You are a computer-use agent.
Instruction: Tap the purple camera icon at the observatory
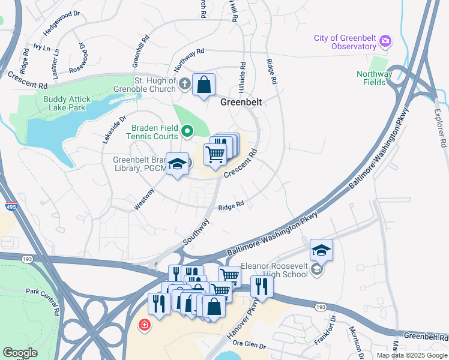[x=385, y=41]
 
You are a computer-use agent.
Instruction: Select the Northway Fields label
[x=374, y=79]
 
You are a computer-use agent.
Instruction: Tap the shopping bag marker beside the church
[x=204, y=85]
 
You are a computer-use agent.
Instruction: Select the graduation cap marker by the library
[x=177, y=164]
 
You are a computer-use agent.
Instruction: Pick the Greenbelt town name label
[x=241, y=103]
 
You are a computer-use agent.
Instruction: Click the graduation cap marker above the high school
[x=321, y=250]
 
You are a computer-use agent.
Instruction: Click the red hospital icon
[x=144, y=326]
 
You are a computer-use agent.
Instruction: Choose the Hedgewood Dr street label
[x=61, y=21]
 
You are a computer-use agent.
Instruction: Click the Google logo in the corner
[x=20, y=353]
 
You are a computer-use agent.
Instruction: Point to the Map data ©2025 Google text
[x=412, y=355]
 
